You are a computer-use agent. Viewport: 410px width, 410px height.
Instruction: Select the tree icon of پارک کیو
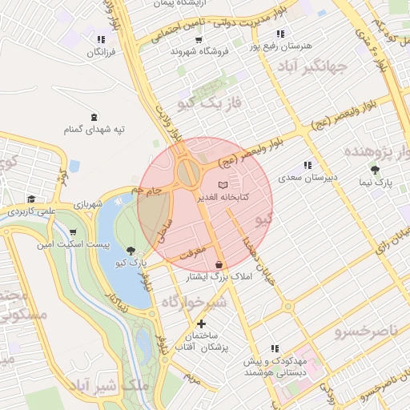(131, 250)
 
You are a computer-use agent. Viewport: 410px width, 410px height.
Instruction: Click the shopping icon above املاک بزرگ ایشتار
(219, 263)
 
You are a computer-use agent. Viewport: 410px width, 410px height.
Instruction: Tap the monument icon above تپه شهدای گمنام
(94, 117)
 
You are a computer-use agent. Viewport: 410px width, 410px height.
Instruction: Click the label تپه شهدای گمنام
(94, 129)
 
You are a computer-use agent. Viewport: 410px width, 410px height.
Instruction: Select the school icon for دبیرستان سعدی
(307, 166)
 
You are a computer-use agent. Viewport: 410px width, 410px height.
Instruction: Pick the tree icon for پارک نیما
(374, 170)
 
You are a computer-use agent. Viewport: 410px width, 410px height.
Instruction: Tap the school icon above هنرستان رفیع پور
(279, 34)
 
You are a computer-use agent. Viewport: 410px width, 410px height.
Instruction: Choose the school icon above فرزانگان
(100, 39)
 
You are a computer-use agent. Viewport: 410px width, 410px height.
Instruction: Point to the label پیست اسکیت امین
(70, 243)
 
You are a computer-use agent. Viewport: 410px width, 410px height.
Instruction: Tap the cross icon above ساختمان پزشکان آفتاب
(201, 324)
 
